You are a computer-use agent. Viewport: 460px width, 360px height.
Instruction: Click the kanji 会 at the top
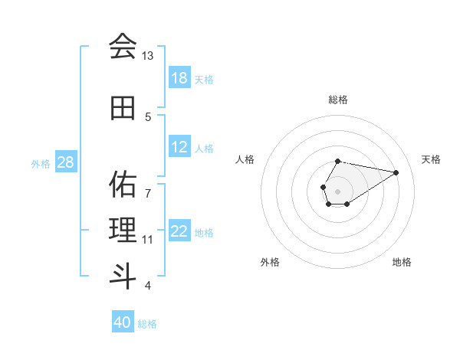pos(123,46)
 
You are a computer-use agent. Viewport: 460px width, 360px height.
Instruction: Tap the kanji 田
pos(123,109)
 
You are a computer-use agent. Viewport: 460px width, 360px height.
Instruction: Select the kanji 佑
pos(123,184)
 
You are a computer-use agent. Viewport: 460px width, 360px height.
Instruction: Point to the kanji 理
pos(123,229)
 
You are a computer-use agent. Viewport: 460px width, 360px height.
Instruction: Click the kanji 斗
pos(123,275)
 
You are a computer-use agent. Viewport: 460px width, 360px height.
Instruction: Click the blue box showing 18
pos(179,78)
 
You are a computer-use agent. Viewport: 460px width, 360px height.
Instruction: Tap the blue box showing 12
pos(179,148)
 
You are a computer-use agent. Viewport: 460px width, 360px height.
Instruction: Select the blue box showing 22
pos(179,232)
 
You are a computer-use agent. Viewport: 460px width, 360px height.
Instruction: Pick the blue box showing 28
pos(66,162)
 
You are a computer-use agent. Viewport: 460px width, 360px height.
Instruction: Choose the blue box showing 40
pos(123,322)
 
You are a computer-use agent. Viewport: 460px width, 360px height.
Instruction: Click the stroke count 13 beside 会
pos(147,56)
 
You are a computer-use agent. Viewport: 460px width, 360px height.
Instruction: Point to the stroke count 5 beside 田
pos(148,117)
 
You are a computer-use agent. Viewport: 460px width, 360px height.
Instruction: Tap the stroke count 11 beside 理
pos(148,240)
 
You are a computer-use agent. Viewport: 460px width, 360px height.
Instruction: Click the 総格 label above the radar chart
pos(338,100)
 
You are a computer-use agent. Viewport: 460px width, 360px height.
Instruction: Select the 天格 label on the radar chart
pos(431,159)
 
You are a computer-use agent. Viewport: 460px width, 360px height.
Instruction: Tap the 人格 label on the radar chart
pos(245,159)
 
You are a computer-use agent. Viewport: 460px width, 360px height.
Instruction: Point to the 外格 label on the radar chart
pos(270,262)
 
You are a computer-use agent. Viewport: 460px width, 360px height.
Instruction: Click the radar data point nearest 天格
pos(396,172)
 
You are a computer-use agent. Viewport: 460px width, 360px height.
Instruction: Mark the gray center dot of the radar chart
pos(337,190)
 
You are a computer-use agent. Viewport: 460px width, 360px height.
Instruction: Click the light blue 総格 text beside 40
pos(147,324)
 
